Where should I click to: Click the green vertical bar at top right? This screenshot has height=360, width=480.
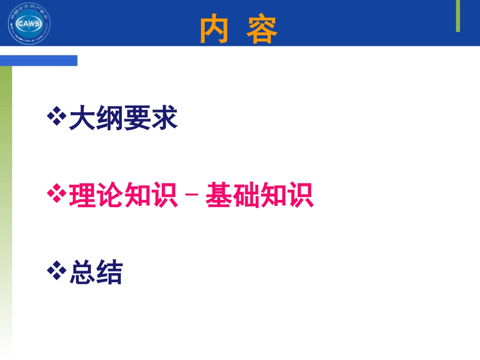point(458,16)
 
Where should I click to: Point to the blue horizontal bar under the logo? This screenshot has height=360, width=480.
point(38,61)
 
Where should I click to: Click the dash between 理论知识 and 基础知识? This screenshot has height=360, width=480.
point(191,197)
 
